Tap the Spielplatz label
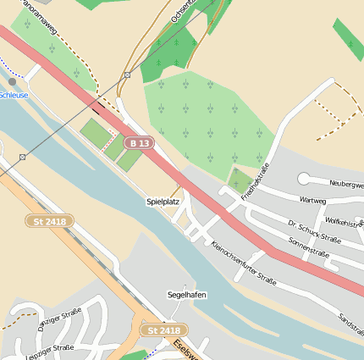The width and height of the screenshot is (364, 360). (x=163, y=202)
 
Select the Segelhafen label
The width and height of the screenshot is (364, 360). (x=187, y=295)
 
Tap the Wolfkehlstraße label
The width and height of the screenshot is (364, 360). (x=344, y=222)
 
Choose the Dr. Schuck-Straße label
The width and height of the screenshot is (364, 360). (x=314, y=232)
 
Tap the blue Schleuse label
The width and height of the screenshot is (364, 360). (x=14, y=96)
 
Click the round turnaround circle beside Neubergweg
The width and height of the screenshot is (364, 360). (x=304, y=178)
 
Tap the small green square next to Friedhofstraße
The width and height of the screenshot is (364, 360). (x=241, y=180)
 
